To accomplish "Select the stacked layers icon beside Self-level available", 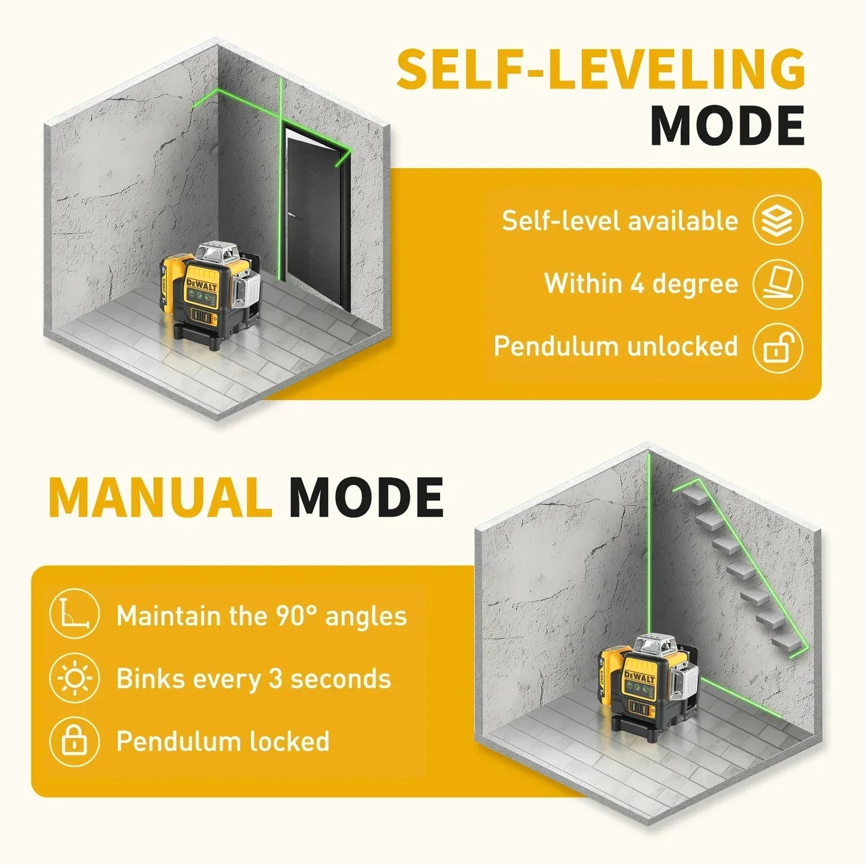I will [x=778, y=220].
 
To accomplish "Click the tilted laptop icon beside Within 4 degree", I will [x=778, y=284].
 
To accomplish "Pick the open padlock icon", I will [x=778, y=348].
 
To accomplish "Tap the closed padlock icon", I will [x=74, y=741].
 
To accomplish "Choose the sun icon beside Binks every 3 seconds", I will [x=74, y=679].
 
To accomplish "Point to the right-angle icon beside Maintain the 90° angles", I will [x=74, y=615].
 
